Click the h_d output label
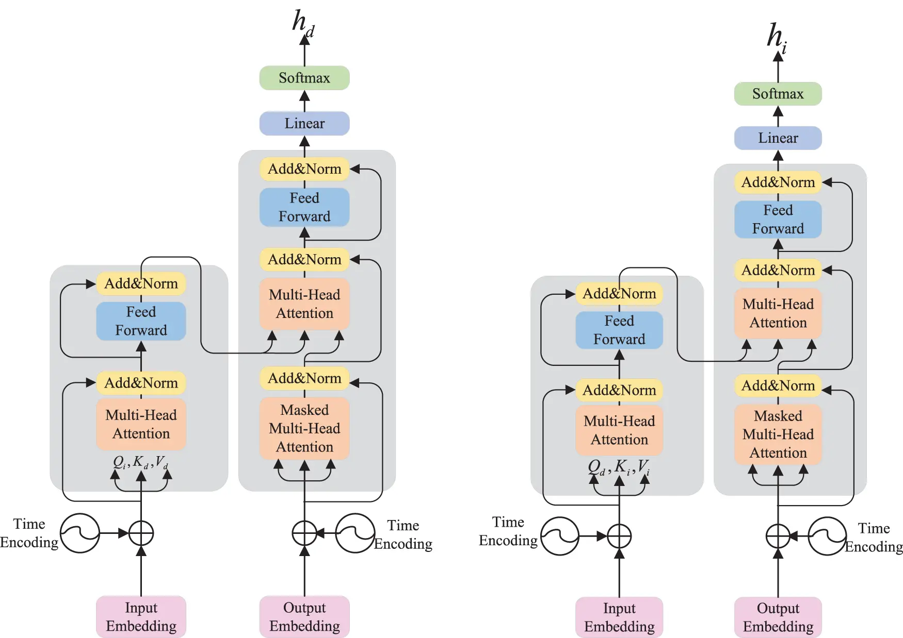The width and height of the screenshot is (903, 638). click(x=303, y=23)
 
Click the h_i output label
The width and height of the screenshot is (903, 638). click(x=777, y=37)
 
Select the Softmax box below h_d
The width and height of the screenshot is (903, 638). click(x=304, y=78)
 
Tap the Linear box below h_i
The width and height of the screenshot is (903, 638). click(x=778, y=138)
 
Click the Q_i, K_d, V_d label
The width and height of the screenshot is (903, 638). click(x=140, y=462)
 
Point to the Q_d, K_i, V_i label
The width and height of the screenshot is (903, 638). click(x=619, y=467)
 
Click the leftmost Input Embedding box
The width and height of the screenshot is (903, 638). click(x=141, y=616)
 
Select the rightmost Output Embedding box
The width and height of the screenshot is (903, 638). click(x=778, y=617)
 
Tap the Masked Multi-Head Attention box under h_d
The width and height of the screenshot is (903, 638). click(x=304, y=428)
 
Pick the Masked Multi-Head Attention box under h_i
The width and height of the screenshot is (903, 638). click(x=778, y=434)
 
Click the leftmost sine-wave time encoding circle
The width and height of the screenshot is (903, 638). click(x=80, y=533)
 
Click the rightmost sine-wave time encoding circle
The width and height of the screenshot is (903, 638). click(x=827, y=536)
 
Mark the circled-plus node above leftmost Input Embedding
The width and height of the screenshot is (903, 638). click(x=141, y=533)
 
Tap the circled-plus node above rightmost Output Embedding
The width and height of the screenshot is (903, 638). click(x=778, y=536)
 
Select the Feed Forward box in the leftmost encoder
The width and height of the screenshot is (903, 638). click(x=141, y=321)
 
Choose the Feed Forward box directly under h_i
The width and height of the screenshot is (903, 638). click(x=778, y=219)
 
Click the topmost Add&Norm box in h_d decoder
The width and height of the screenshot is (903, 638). click(x=304, y=169)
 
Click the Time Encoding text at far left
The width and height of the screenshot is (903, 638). click(x=29, y=533)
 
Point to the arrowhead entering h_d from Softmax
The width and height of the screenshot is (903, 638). click(x=304, y=41)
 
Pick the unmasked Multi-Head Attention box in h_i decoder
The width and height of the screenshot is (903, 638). click(x=778, y=313)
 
